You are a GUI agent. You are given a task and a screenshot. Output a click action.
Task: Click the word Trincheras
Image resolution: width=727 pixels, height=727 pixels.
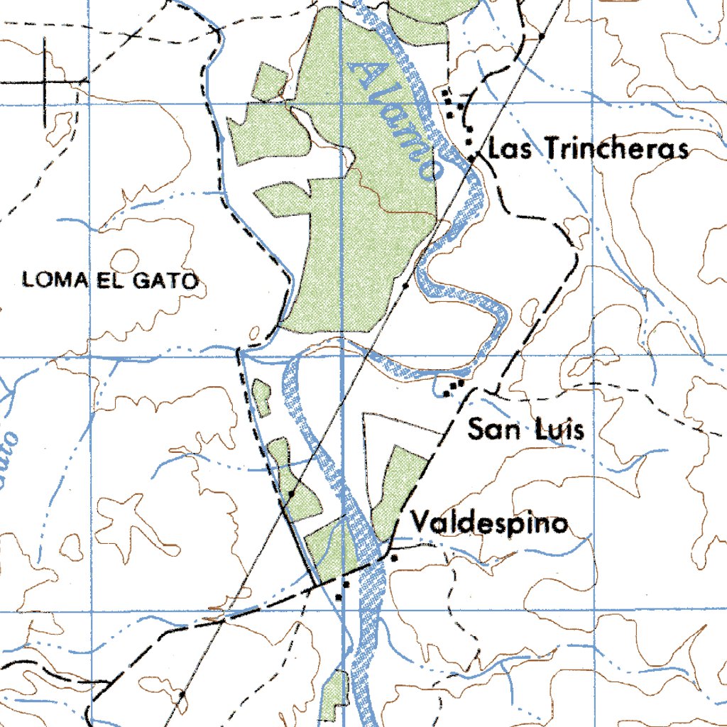click(617, 149)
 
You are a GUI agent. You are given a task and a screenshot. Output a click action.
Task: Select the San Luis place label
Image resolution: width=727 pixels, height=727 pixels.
click(525, 429)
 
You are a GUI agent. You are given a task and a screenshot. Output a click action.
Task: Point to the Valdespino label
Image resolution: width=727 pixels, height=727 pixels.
click(491, 524)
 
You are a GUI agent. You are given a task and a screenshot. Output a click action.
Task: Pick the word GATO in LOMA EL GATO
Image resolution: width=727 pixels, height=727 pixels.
click(168, 280)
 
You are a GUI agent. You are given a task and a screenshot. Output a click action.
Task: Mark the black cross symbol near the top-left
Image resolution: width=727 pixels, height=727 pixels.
click(44, 82)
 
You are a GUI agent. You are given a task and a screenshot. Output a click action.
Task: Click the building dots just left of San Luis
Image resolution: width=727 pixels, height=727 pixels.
click(453, 387)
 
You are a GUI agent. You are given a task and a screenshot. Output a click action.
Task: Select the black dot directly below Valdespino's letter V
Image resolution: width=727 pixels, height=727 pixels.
click(394, 558)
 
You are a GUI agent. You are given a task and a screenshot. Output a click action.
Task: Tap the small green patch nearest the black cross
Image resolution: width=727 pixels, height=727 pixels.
click(270, 82)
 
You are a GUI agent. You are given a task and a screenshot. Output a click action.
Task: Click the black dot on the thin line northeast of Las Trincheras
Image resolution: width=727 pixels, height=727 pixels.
click(542, 35)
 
